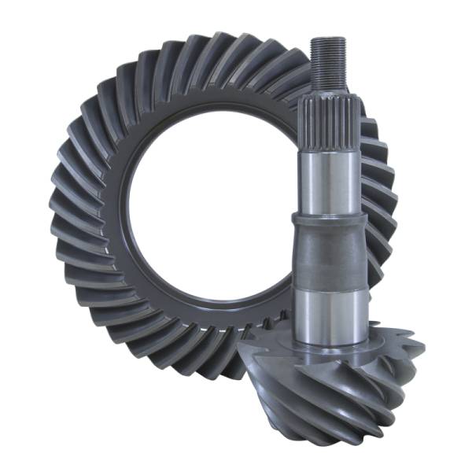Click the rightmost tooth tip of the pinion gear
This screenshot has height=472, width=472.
point(417,346)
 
